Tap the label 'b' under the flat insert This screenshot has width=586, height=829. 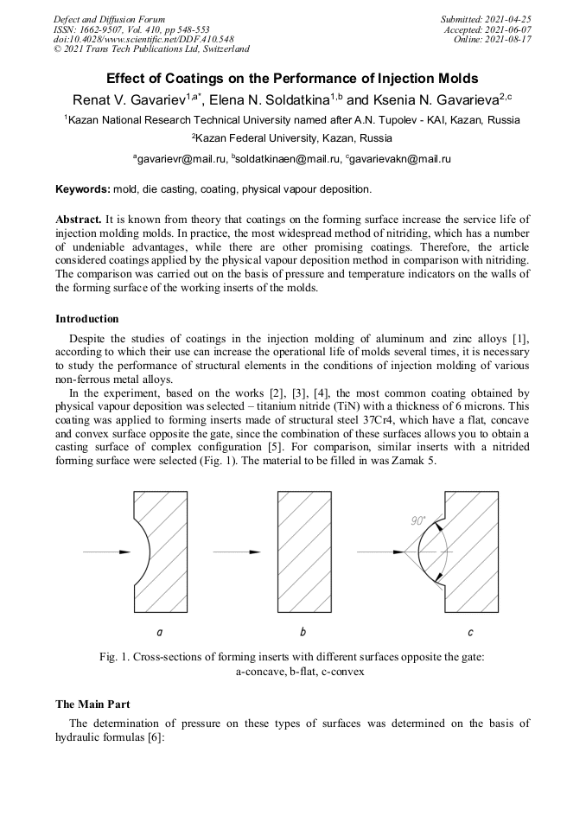303,632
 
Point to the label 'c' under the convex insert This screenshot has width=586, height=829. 469,632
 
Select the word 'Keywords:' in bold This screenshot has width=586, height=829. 82,188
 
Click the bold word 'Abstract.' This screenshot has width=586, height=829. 79,220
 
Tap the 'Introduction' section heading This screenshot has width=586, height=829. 87,319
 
